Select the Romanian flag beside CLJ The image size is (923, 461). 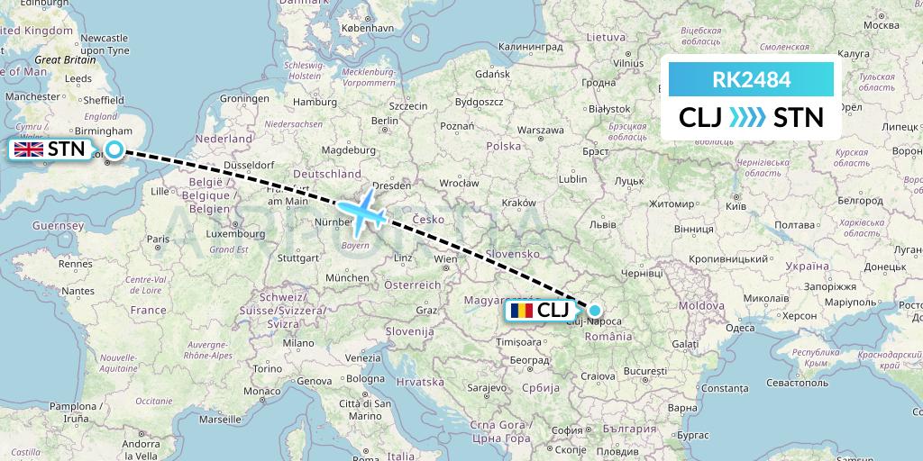coord(520,312)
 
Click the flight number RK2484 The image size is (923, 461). coord(751,80)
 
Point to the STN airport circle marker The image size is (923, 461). coord(114,150)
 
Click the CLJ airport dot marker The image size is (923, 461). coord(595,312)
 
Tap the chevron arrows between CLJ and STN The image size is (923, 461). coord(746,117)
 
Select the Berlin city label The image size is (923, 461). coord(385,121)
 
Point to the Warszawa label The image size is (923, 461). coord(540,130)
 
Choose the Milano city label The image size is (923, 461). coord(298,343)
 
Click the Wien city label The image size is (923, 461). coord(445,259)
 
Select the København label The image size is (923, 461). coord(368,28)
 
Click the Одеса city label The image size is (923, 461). coord(740,329)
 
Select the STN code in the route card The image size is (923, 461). coord(799,117)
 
